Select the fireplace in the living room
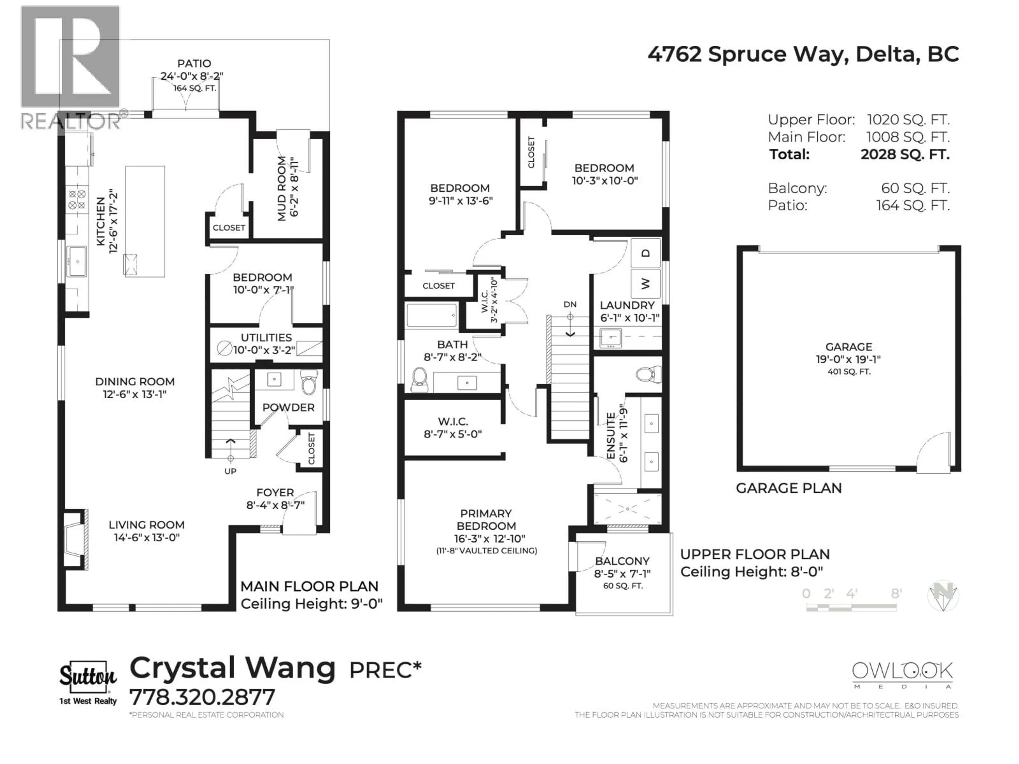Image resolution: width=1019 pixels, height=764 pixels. tap(75, 539)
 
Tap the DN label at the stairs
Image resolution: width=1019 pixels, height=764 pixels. tap(570, 304)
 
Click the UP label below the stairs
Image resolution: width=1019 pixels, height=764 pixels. tap(230, 471)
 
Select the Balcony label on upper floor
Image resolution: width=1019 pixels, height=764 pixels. tap(622, 561)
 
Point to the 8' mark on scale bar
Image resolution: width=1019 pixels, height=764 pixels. tap(896, 594)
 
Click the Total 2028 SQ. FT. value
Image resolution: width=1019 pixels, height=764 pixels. tap(905, 154)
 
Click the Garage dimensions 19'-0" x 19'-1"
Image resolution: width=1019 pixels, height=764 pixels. tap(849, 359)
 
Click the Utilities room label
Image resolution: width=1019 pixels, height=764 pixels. tap(266, 337)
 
